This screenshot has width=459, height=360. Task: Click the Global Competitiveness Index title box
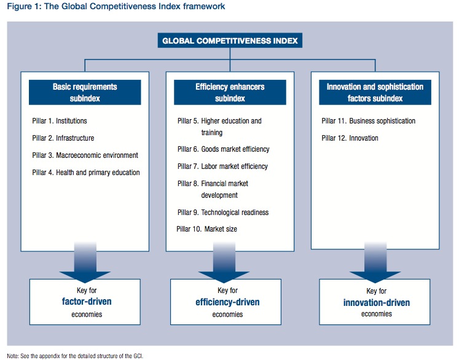229,41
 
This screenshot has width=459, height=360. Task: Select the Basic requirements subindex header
85,92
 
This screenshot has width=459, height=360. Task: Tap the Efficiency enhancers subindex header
229,92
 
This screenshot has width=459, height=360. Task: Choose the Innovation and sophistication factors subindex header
375,92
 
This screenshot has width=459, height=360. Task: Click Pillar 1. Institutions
60,121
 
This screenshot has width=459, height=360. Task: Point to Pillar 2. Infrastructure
63,138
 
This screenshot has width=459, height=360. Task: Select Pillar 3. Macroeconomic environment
85,155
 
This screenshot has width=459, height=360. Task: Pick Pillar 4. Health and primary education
86,173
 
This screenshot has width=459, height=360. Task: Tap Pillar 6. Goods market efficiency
223,149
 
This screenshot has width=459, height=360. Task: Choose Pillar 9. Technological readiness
222,213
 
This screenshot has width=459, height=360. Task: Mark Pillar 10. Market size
206,229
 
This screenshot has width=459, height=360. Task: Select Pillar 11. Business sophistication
369,121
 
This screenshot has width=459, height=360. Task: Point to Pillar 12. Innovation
350,138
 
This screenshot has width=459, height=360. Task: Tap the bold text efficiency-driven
227,302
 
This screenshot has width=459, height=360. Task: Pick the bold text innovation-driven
377,302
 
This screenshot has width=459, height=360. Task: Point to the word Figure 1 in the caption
21,7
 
